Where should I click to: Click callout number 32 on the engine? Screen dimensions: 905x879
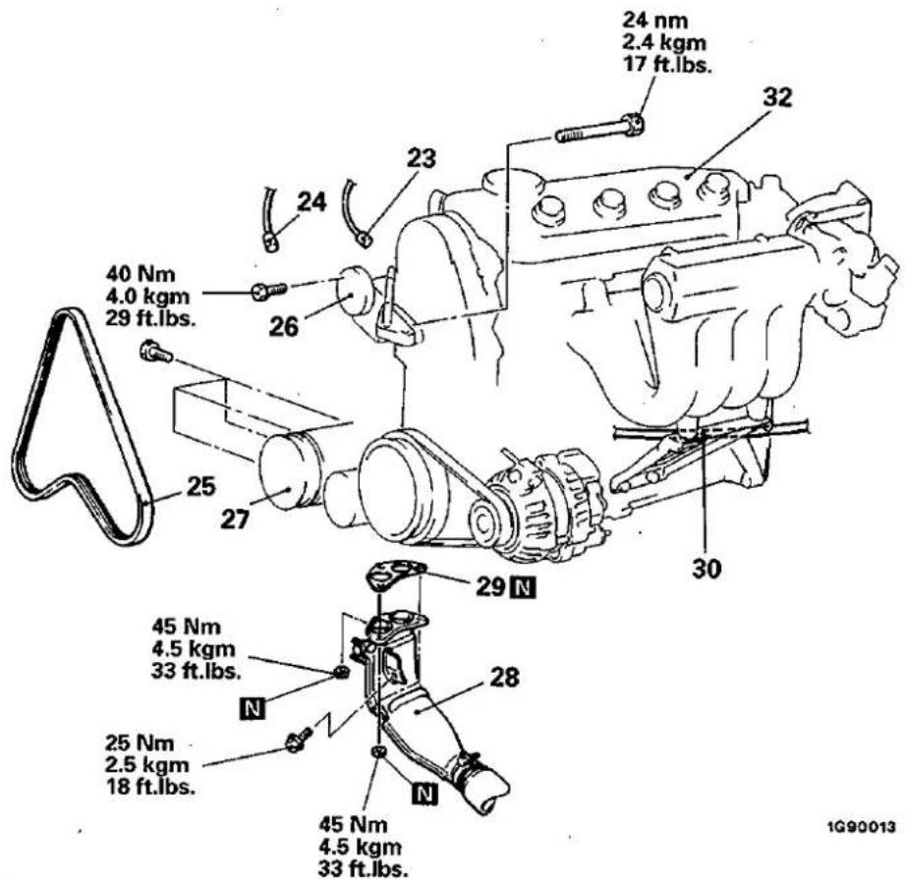[x=777, y=97]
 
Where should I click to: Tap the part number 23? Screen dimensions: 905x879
[x=421, y=158]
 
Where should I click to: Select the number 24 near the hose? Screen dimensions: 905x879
[x=311, y=202]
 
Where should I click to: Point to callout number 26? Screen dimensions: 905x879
[x=284, y=326]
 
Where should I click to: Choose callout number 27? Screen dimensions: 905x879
[x=236, y=520]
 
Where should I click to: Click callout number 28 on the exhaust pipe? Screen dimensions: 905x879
[x=504, y=677]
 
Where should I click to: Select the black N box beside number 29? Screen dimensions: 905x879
[x=524, y=587]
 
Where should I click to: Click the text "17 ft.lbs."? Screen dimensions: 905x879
[x=666, y=64]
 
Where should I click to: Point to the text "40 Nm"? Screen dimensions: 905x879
[x=141, y=274]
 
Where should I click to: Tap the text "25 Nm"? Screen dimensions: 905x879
[x=140, y=742]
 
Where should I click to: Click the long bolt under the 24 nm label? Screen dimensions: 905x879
[x=600, y=130]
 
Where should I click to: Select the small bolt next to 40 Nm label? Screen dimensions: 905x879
[x=269, y=290]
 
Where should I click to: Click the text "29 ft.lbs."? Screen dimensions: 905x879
[x=151, y=318]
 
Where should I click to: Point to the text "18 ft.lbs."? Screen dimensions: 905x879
[x=150, y=786]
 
